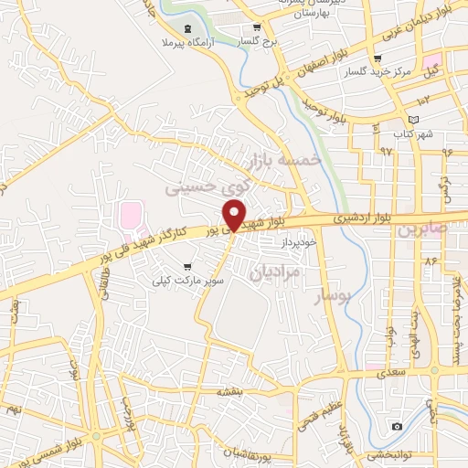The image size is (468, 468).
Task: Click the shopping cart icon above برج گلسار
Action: (x=258, y=27)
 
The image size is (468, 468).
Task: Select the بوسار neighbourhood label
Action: (x=333, y=299)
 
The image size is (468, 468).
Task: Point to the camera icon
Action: (x=397, y=426)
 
